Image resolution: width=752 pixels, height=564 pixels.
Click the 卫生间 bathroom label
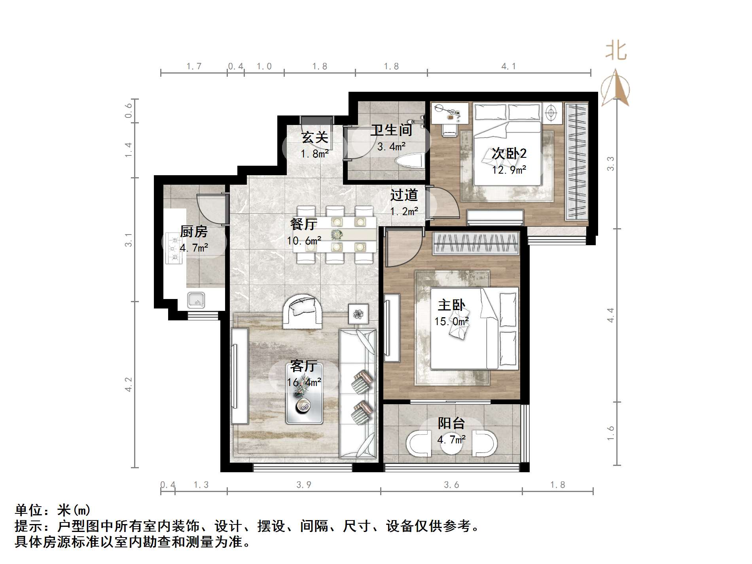[x=391, y=130]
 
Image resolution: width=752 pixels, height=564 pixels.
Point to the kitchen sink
[x=196, y=300]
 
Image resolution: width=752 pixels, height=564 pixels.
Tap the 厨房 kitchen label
[x=193, y=231]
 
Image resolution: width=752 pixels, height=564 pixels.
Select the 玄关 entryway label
[x=314, y=137]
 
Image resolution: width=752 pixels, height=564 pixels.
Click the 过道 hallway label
[x=404, y=195]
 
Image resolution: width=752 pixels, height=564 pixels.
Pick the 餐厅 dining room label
[x=303, y=224]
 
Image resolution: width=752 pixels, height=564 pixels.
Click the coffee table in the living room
[x=304, y=394]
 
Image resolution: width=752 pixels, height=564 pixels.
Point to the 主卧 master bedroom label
[x=451, y=305]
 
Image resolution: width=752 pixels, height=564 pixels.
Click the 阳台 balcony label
[x=451, y=423]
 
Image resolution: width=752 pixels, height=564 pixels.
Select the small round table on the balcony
[x=451, y=443]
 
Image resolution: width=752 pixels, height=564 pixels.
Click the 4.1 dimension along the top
[x=509, y=66]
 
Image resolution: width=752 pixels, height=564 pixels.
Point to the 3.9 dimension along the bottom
[x=304, y=485]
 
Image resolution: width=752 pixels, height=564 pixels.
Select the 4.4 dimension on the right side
[x=611, y=315]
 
